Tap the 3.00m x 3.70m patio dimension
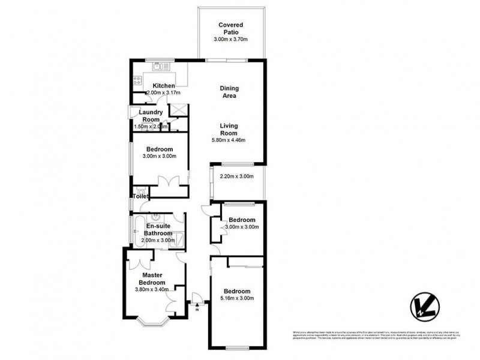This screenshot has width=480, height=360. pos(231,39)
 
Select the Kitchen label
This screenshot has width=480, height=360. pos(163,86)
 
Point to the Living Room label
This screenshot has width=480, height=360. pos(229,129)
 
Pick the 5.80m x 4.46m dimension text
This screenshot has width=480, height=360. pos(229,140)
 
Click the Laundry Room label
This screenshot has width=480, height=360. pos(151,116)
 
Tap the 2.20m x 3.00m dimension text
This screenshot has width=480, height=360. pos(237,176)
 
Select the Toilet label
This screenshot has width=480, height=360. pos(140,196)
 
